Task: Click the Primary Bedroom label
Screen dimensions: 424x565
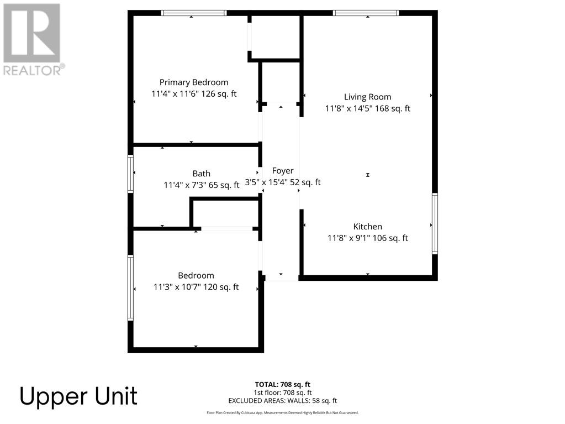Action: point(194,82)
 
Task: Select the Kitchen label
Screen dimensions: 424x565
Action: point(368,227)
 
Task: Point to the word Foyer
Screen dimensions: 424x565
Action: point(283,171)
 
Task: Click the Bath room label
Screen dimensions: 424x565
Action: point(202,174)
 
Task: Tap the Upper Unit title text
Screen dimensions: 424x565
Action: point(78,397)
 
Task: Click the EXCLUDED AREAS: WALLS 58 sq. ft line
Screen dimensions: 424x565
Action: point(283,401)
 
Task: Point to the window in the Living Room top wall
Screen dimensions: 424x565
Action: point(366,13)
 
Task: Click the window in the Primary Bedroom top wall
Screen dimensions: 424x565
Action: point(194,13)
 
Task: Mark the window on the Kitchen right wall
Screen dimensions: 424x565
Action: point(435,223)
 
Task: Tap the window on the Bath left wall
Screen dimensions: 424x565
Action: point(131,174)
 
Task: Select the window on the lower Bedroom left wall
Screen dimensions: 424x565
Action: point(131,287)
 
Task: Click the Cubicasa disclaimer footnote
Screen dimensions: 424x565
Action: point(283,412)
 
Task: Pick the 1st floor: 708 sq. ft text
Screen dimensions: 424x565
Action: point(283,392)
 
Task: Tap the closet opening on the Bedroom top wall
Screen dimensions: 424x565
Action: point(226,228)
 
